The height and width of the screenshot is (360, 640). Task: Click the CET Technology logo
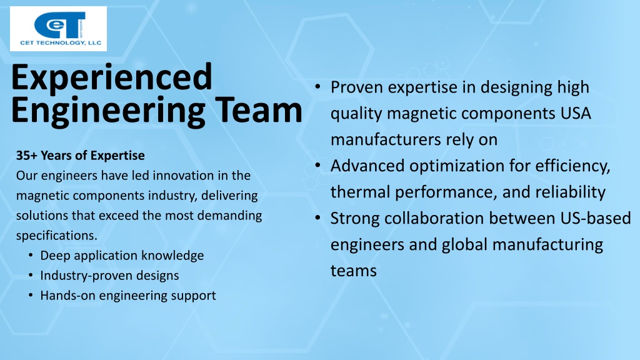click(x=58, y=29)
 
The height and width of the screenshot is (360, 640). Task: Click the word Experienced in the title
click(x=112, y=78)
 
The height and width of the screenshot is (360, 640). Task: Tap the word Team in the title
click(x=258, y=110)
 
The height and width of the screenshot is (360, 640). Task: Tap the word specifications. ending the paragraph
click(x=57, y=236)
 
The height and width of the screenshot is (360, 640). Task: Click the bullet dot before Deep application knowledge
click(x=31, y=256)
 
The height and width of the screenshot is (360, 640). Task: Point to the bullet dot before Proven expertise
click(x=317, y=87)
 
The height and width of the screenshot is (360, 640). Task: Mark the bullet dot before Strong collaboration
click(x=317, y=218)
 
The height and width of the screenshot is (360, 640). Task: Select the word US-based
click(x=596, y=218)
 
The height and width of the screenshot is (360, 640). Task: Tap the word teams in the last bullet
click(x=354, y=271)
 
